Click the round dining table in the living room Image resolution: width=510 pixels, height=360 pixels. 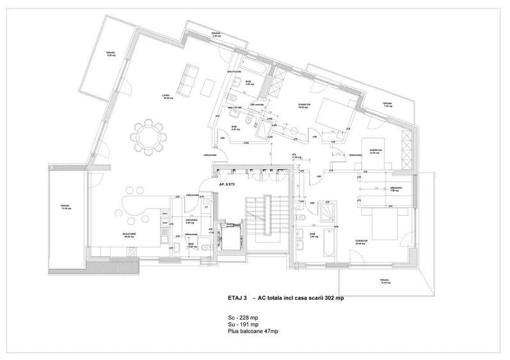148,136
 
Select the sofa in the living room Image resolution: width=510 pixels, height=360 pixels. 188,81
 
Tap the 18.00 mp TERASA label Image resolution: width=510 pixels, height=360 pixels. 383,281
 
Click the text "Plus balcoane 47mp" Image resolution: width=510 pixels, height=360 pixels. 252,331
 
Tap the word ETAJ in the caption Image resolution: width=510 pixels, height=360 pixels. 234,298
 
